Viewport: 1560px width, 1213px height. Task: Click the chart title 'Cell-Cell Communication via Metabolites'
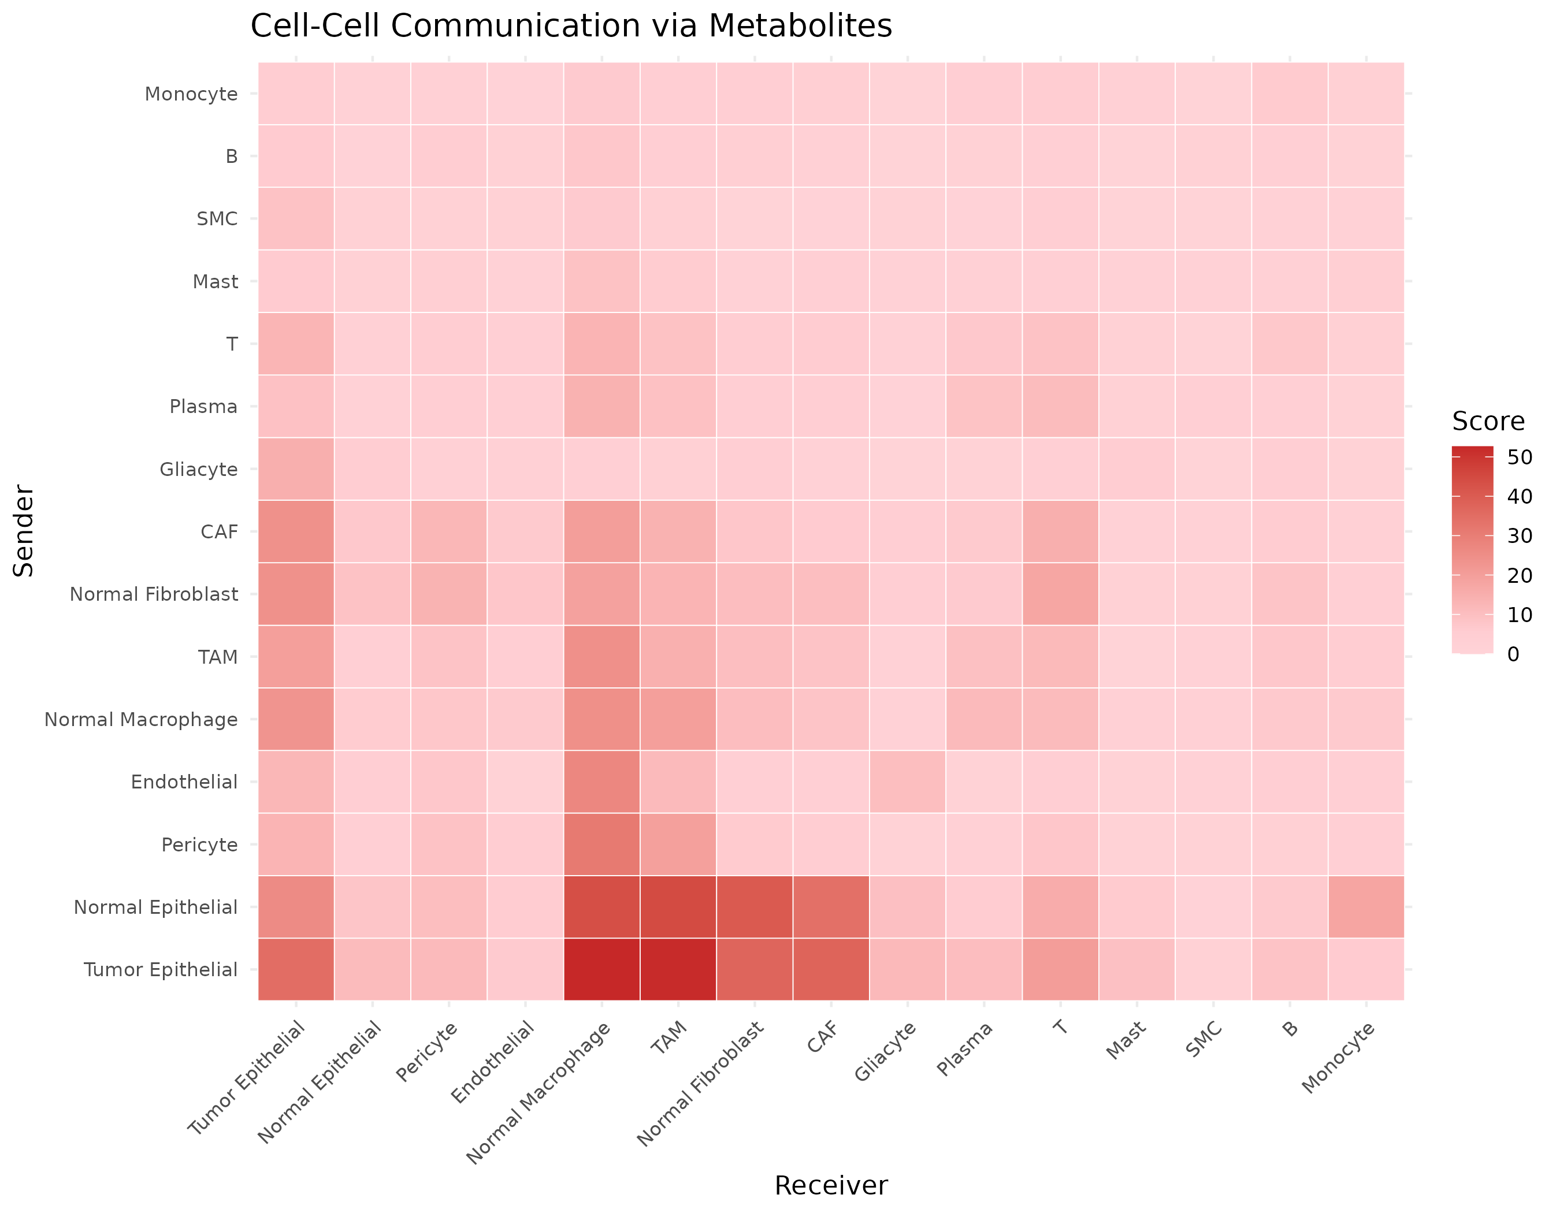point(571,27)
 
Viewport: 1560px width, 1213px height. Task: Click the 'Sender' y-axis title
point(24,531)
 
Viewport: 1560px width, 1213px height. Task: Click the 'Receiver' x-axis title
point(831,1186)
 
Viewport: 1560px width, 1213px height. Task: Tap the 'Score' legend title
point(1488,421)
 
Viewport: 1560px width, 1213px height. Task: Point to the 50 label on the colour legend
point(1520,457)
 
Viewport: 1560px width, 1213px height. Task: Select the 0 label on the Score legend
point(1513,654)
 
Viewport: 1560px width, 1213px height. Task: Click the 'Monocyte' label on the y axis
point(191,94)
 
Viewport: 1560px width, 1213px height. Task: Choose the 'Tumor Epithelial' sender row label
point(160,970)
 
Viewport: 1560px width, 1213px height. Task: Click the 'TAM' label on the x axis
point(669,1038)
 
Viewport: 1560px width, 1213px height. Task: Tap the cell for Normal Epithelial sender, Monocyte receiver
point(1366,907)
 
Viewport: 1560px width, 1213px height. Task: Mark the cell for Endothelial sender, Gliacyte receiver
point(907,782)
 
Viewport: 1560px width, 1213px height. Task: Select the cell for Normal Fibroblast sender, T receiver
point(1060,594)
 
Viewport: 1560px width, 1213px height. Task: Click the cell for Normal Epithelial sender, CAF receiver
point(831,907)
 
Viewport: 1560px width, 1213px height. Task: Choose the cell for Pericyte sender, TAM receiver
point(678,844)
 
